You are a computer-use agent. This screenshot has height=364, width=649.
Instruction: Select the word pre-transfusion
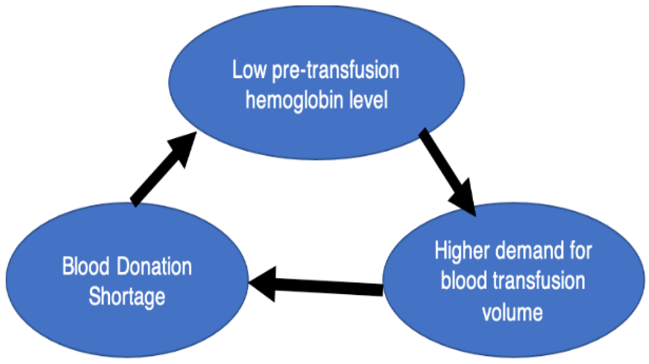336,71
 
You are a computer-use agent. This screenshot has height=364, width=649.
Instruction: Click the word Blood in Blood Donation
86,267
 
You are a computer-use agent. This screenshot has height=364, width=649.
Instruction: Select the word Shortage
127,297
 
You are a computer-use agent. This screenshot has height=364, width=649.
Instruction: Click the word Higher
462,251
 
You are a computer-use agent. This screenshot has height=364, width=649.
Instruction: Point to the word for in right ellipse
580,251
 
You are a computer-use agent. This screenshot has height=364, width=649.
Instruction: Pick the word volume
512,312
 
